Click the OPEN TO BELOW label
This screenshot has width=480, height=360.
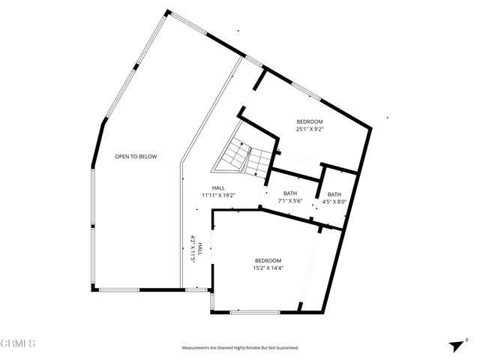click(x=136, y=157)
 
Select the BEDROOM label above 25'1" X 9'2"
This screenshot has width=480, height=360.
click(x=310, y=121)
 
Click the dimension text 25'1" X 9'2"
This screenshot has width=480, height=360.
click(x=310, y=130)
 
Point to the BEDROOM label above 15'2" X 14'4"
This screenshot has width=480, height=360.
click(x=267, y=260)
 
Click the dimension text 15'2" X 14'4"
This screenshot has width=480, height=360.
click(x=267, y=268)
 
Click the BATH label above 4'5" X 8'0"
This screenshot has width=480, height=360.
click(x=334, y=194)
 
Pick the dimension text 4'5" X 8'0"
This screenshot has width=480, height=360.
click(x=334, y=202)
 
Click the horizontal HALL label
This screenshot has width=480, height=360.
click(x=218, y=187)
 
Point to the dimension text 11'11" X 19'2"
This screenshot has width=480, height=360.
click(x=218, y=195)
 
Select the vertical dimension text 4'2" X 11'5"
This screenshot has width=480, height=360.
click(x=193, y=248)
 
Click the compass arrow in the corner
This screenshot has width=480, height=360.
click(x=454, y=346)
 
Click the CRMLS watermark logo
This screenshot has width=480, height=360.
click(x=18, y=343)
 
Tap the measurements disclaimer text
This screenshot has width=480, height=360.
click(x=240, y=348)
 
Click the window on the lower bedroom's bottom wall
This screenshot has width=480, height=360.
click(x=255, y=312)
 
